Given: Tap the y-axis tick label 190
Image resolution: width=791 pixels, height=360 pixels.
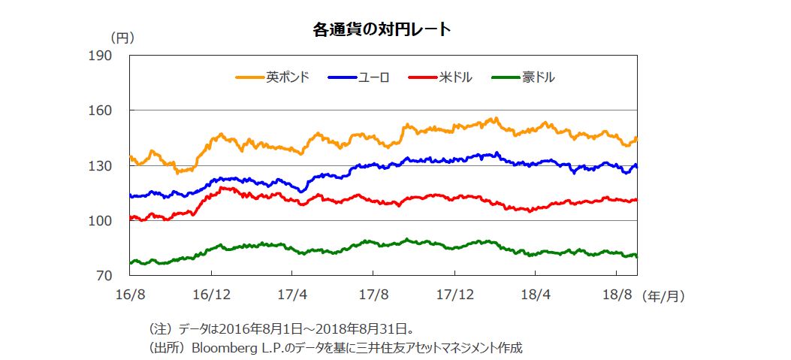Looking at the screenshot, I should coord(101,56).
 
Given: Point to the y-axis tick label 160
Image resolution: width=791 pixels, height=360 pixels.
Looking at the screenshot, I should coord(101,110).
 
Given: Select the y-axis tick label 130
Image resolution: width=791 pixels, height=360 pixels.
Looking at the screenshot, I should coord(101,166).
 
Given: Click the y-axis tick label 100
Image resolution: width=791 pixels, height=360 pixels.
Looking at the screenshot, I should coord(101,221).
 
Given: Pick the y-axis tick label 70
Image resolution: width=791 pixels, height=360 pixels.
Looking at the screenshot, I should coord(104,277).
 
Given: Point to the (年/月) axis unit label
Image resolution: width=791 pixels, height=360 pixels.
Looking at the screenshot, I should coord(664,297).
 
